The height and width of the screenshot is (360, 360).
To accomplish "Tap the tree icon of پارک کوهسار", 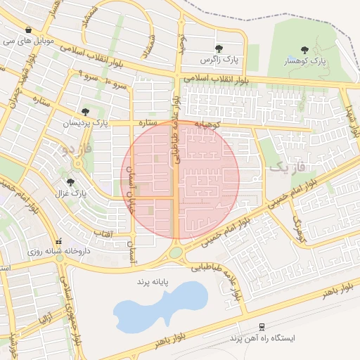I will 304,50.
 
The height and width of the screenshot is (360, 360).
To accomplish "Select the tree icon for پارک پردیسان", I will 85,111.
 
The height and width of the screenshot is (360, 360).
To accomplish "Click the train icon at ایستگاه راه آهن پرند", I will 262,327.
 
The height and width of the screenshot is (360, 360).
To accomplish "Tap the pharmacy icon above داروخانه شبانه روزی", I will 59,241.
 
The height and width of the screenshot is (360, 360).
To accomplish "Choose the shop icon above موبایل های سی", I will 27,30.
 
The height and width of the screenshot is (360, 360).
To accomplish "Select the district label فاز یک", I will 288,167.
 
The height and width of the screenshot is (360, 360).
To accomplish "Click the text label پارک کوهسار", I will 308,61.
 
